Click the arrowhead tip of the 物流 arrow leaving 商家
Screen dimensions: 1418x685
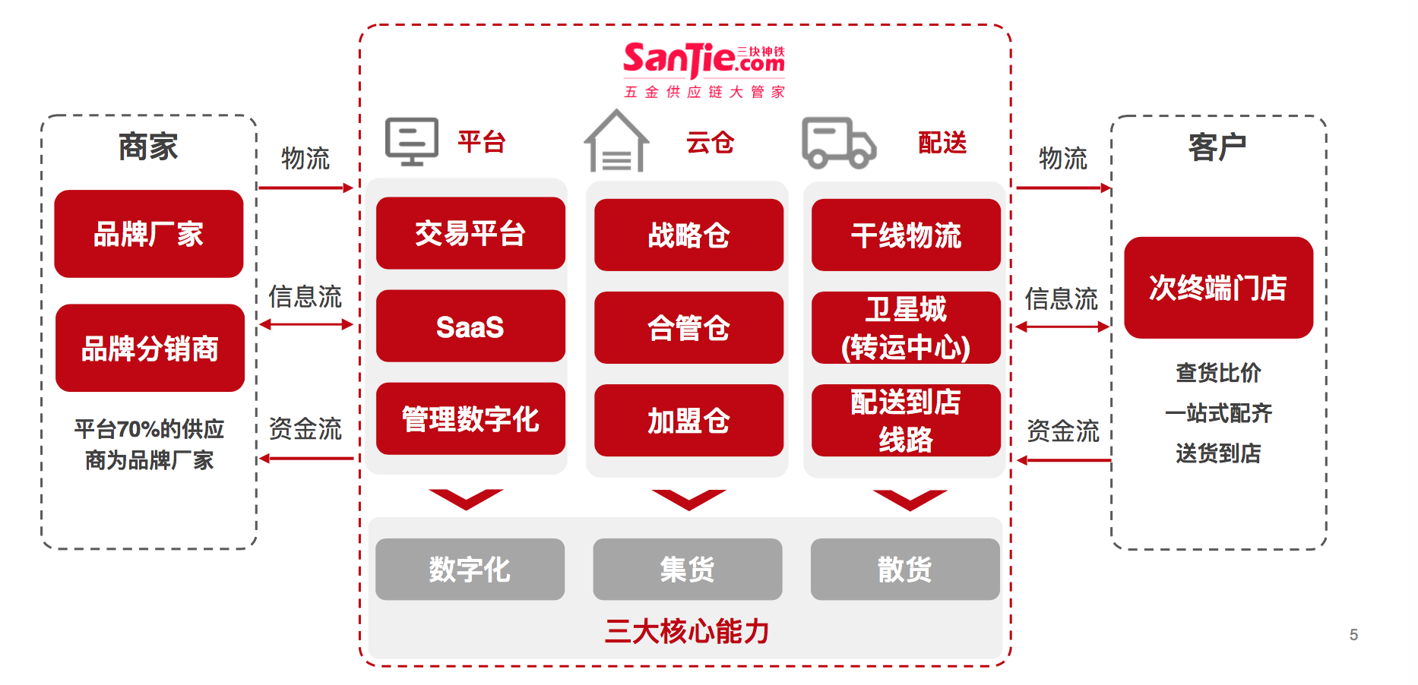click(354, 188)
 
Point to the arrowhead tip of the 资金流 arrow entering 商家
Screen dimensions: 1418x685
click(259, 459)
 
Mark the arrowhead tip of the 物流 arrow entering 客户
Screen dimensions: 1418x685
click(1112, 188)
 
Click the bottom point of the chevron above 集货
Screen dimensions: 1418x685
click(689, 510)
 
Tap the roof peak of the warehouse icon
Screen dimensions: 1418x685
click(616, 111)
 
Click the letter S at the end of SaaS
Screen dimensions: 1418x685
click(494, 328)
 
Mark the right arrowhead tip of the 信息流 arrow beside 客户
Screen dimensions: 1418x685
click(1110, 327)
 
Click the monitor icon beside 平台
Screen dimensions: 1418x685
click(412, 141)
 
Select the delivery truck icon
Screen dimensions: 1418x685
click(839, 143)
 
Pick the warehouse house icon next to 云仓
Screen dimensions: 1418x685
click(616, 141)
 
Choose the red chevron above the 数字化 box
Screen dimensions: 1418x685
click(466, 499)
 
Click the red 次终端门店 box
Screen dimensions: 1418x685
click(1218, 288)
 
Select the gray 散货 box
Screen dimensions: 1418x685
click(905, 570)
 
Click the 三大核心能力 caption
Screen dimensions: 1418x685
click(688, 631)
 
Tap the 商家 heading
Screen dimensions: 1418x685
click(148, 147)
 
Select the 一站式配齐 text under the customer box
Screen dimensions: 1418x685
click(1218, 413)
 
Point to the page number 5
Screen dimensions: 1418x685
click(1353, 635)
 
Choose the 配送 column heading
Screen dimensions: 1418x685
click(942, 143)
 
